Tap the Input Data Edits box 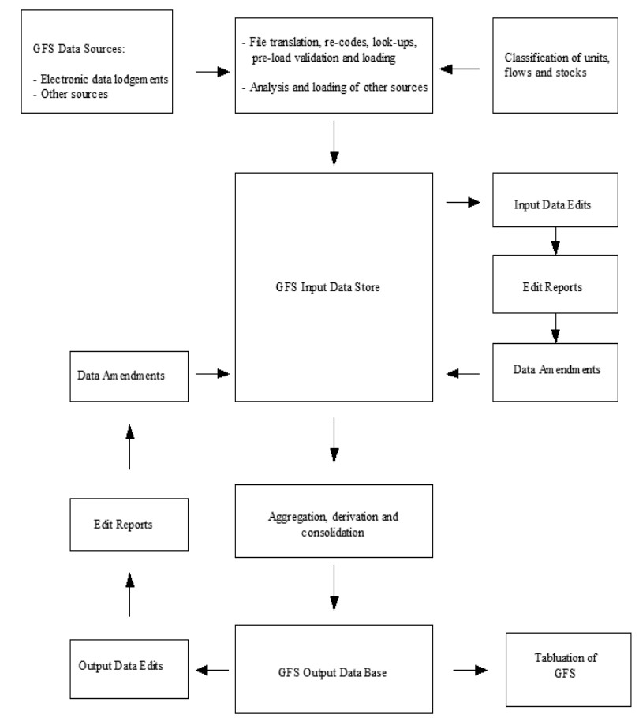point(555,204)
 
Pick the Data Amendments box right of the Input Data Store point(555,370)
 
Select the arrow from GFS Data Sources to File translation point(206,71)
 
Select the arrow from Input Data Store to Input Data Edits point(464,203)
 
